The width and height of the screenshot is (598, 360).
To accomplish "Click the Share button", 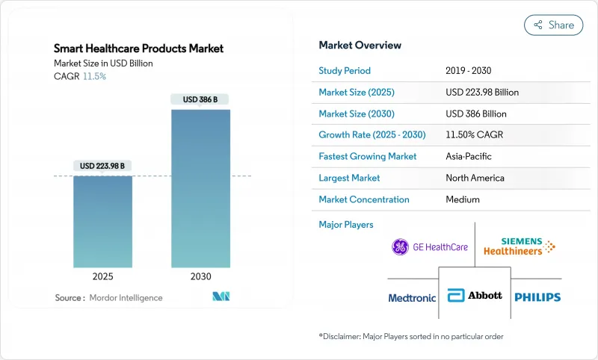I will click(554, 25).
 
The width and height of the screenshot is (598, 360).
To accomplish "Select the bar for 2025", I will click(102, 221).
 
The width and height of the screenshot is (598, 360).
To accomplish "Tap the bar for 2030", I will click(200, 188).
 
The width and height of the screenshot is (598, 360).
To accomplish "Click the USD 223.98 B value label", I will click(102, 166).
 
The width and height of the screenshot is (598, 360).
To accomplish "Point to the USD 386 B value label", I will click(200, 99).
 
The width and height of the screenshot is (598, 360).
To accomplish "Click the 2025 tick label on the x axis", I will click(102, 276).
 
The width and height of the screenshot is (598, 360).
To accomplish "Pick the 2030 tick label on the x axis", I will click(200, 276).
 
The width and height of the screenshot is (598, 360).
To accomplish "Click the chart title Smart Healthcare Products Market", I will click(138, 49).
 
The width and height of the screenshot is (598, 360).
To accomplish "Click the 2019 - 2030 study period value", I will click(472, 71).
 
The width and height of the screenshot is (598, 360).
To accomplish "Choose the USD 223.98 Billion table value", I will click(481, 93).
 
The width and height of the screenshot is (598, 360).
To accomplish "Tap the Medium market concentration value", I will click(462, 199).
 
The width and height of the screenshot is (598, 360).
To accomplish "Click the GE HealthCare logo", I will click(430, 246).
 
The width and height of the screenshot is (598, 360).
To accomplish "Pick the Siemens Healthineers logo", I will click(519, 246).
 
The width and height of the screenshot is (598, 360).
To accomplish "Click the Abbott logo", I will click(474, 297).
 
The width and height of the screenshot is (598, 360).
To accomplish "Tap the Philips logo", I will click(537, 297).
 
